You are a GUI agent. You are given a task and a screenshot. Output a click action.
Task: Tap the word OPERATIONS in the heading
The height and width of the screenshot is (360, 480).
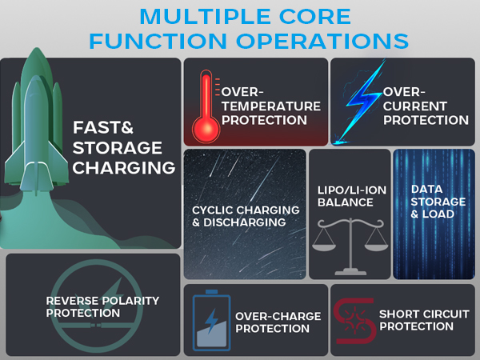(322, 41)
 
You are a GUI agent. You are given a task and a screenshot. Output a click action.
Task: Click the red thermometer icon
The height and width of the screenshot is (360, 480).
(206, 106)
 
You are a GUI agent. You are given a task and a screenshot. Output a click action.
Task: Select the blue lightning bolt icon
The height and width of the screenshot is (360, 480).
(360, 102)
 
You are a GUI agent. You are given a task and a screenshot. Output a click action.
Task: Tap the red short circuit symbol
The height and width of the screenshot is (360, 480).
(354, 321)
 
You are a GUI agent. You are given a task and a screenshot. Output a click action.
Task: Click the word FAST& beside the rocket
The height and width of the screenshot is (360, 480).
(103, 127)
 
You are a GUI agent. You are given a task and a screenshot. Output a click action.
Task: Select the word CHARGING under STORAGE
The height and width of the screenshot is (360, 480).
(124, 168)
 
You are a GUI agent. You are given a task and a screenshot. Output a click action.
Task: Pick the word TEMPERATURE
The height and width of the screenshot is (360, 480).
(271, 106)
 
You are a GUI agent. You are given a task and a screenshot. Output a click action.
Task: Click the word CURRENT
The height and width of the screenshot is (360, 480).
(414, 106)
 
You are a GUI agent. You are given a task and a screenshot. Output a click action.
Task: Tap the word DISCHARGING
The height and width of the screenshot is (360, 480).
(244, 222)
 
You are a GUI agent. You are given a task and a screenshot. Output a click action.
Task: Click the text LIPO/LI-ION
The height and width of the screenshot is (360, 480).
(352, 190)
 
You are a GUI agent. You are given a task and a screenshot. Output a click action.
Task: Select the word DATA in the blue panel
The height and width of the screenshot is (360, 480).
(426, 189)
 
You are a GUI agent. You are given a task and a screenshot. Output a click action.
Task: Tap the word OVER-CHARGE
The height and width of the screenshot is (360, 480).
(278, 316)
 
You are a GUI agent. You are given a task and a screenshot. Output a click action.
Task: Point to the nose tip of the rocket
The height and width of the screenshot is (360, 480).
(37, 48)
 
